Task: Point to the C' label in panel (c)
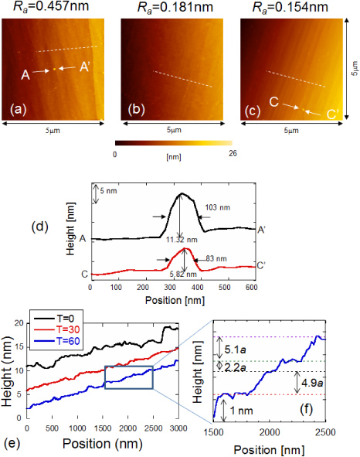point(334,115)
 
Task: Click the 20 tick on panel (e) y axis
point(16,322)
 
